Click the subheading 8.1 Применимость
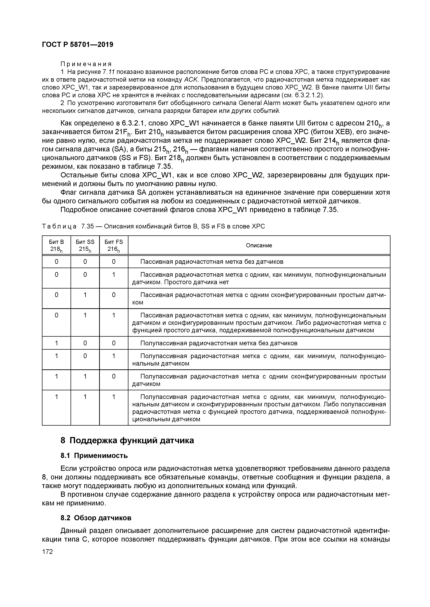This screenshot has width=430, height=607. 94,456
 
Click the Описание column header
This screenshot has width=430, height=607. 259,245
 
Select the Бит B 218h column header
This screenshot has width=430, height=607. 56,245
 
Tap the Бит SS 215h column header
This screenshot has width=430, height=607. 85,245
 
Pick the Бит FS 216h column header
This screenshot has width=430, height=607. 114,245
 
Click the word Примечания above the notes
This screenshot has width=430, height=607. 86,64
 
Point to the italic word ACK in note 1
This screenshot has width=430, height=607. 190,80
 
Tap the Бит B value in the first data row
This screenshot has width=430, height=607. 56,262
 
